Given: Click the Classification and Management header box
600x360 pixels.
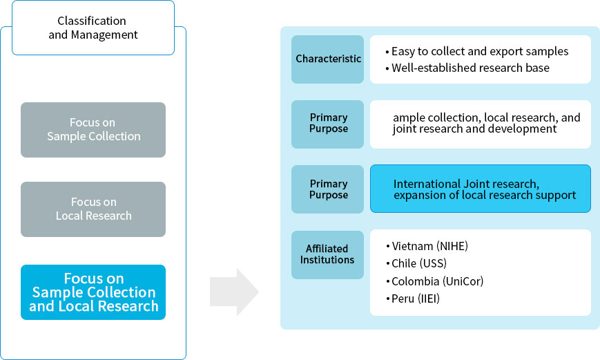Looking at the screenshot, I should pyautogui.click(x=92, y=28).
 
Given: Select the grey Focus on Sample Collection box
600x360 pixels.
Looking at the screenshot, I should pyautogui.click(x=93, y=130).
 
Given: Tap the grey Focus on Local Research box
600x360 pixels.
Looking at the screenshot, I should pyautogui.click(x=93, y=209).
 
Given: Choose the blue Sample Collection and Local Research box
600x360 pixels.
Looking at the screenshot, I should pyautogui.click(x=93, y=292).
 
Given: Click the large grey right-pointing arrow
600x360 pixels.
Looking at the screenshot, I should pyautogui.click(x=234, y=292).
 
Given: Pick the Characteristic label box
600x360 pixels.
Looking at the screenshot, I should pyautogui.click(x=328, y=59).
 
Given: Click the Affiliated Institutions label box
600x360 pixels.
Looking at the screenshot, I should pyautogui.click(x=328, y=254).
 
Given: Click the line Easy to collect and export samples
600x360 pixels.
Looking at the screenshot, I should pyautogui.click(x=476, y=51).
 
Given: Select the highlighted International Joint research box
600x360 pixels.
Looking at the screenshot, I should pyautogui.click(x=481, y=189).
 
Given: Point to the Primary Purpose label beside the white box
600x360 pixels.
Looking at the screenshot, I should pyautogui.click(x=328, y=124).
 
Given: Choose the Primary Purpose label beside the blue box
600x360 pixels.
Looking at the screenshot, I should pyautogui.click(x=328, y=189).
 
